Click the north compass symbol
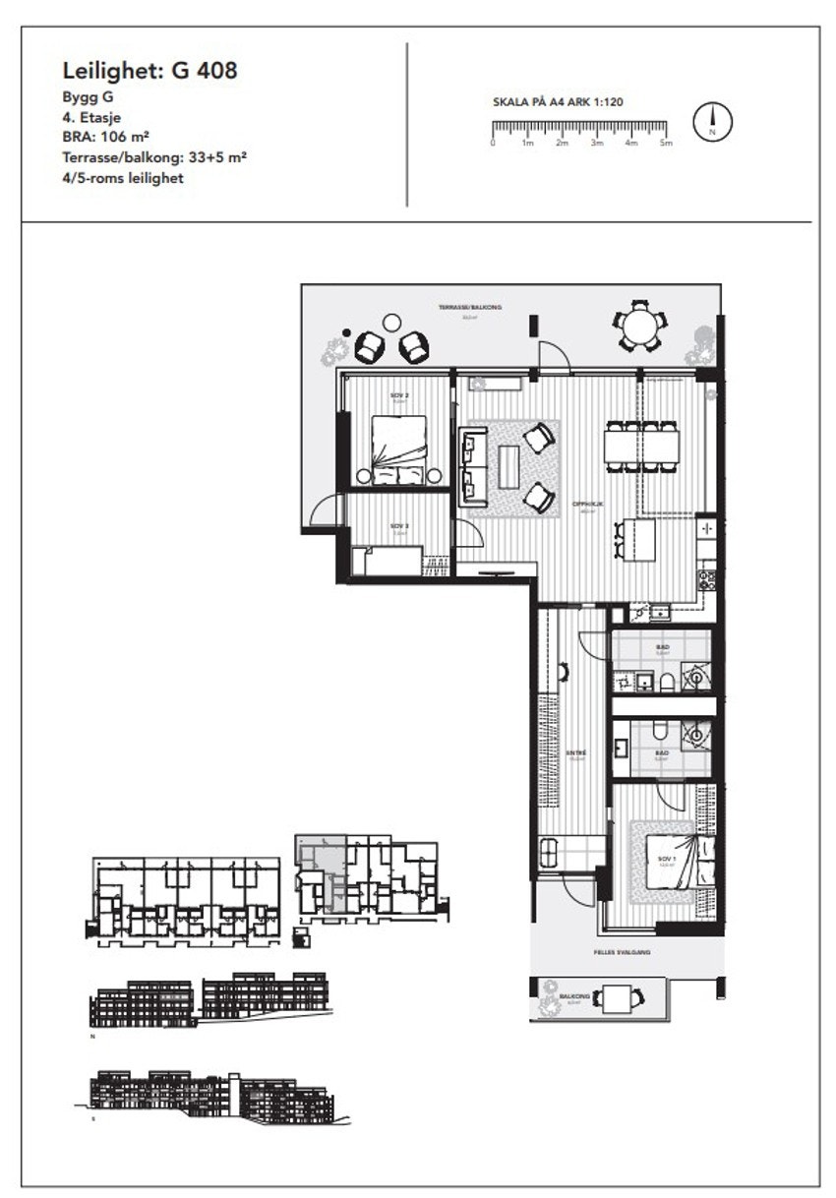713,121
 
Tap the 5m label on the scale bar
666,144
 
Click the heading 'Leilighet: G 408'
149,71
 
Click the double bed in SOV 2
398,448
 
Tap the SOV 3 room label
398,527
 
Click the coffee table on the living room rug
508,467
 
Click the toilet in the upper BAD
666,682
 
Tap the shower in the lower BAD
696,733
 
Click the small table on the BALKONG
617,999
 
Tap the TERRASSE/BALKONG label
470,308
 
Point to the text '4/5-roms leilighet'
123,178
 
